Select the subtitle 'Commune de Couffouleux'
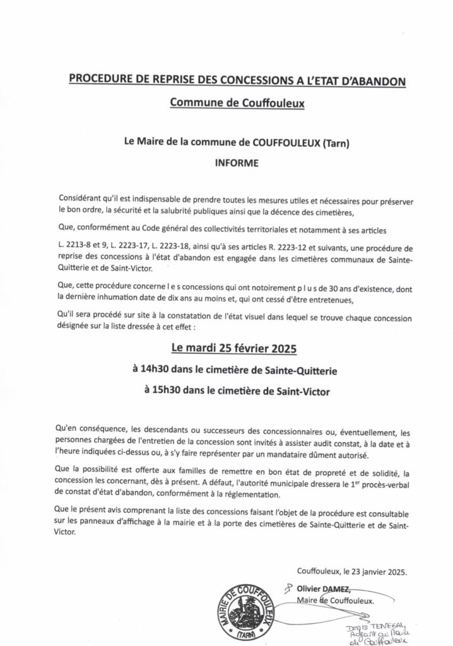[x=227, y=103]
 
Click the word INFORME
[x=226, y=161]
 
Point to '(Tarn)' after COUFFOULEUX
[x=336, y=143]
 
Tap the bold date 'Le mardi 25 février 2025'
[x=227, y=348]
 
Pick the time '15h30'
[x=168, y=391]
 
